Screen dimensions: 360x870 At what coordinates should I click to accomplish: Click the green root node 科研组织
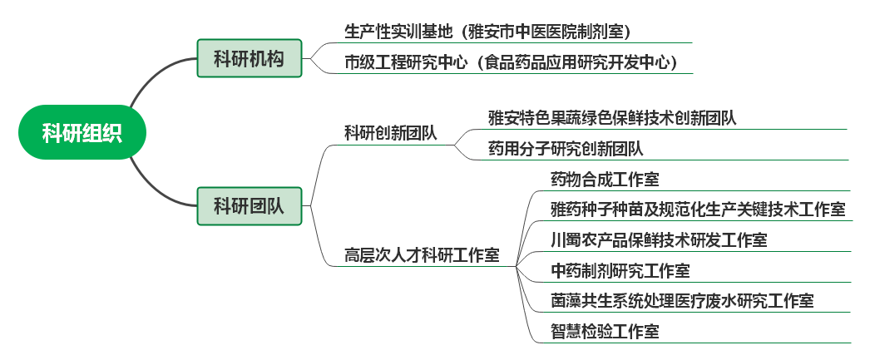click(82, 132)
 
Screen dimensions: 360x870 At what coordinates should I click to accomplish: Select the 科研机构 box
click(249, 58)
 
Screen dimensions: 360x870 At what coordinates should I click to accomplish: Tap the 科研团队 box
click(249, 205)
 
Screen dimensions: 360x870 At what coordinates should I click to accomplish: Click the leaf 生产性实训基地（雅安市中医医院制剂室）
click(487, 32)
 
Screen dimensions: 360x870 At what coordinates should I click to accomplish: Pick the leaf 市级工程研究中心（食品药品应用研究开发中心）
click(510, 62)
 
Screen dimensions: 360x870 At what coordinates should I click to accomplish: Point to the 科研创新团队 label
click(391, 134)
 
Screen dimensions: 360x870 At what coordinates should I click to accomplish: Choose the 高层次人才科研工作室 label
click(422, 255)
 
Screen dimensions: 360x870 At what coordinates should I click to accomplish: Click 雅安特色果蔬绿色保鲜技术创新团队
click(612, 118)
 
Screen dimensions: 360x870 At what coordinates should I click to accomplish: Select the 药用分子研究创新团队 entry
click(566, 149)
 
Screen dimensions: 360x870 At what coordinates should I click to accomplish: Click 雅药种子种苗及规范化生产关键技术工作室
click(698, 210)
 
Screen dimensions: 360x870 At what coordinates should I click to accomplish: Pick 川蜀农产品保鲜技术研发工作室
click(659, 240)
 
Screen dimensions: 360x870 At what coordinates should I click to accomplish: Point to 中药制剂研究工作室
click(620, 271)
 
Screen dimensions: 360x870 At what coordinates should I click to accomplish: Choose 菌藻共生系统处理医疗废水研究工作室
click(682, 301)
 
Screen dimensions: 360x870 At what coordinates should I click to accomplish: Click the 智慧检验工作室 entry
click(605, 332)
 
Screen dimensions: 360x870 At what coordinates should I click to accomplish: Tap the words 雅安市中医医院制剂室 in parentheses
click(549, 32)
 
